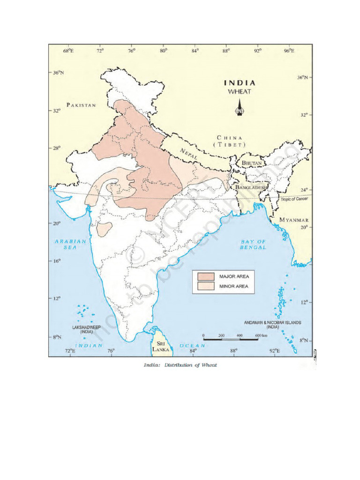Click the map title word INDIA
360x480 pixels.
click(x=239, y=83)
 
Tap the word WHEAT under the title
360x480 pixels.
click(x=239, y=91)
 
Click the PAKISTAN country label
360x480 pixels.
click(x=81, y=105)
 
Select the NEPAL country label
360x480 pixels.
click(x=190, y=153)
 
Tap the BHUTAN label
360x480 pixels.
click(x=251, y=163)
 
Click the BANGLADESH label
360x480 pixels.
click(x=251, y=187)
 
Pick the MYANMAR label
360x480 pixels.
click(x=294, y=220)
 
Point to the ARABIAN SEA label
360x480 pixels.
click(x=71, y=244)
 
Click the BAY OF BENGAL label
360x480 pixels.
click(x=253, y=244)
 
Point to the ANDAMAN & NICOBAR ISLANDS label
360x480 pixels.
click(x=272, y=325)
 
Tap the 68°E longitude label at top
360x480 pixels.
click(x=68, y=50)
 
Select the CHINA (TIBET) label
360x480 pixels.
click(x=229, y=141)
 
